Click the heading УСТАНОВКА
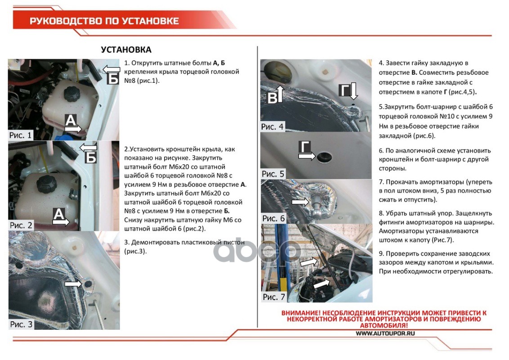pos(126,49)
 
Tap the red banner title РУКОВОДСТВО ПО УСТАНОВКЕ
pos(104,21)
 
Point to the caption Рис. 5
pos(273,174)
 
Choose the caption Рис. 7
pos(274,297)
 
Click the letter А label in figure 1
pos(71,120)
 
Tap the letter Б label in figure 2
pos(91,157)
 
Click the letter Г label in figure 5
pos(306,147)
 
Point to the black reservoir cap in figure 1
pos(72,95)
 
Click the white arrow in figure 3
pos(73,284)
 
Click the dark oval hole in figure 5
pos(324,157)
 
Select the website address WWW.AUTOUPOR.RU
pos(385,333)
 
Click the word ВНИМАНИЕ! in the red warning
pos(302,313)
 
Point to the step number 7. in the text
pos(381,182)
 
